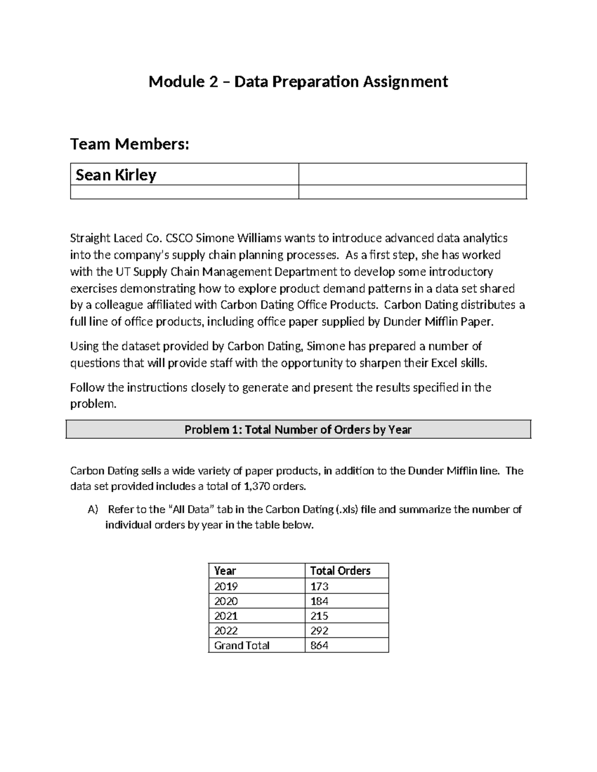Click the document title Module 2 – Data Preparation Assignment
[298, 82]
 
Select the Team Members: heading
[130, 144]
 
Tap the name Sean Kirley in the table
[116, 175]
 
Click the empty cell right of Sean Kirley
[412, 174]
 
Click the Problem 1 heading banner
[298, 429]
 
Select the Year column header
[225, 571]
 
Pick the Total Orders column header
[340, 571]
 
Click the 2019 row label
[226, 586]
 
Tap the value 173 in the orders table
[319, 586]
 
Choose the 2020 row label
[226, 601]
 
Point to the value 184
[319, 601]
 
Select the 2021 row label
[226, 616]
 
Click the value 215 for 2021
[319, 616]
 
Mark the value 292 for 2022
[319, 631]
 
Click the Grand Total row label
[242, 645]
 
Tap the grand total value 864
[319, 645]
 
